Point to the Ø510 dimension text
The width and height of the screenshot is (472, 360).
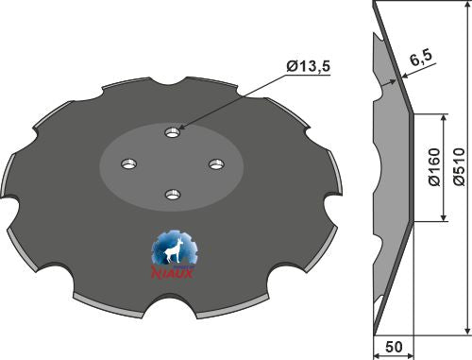click(460, 169)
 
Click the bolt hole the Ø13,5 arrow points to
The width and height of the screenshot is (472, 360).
click(171, 131)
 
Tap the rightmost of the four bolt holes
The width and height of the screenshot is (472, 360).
click(215, 163)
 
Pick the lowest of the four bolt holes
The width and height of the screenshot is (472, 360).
click(171, 195)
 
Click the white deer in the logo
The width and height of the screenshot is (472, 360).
click(172, 252)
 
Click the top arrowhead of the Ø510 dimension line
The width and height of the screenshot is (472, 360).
click(466, 8)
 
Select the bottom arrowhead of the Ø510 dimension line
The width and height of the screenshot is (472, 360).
click(466, 332)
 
